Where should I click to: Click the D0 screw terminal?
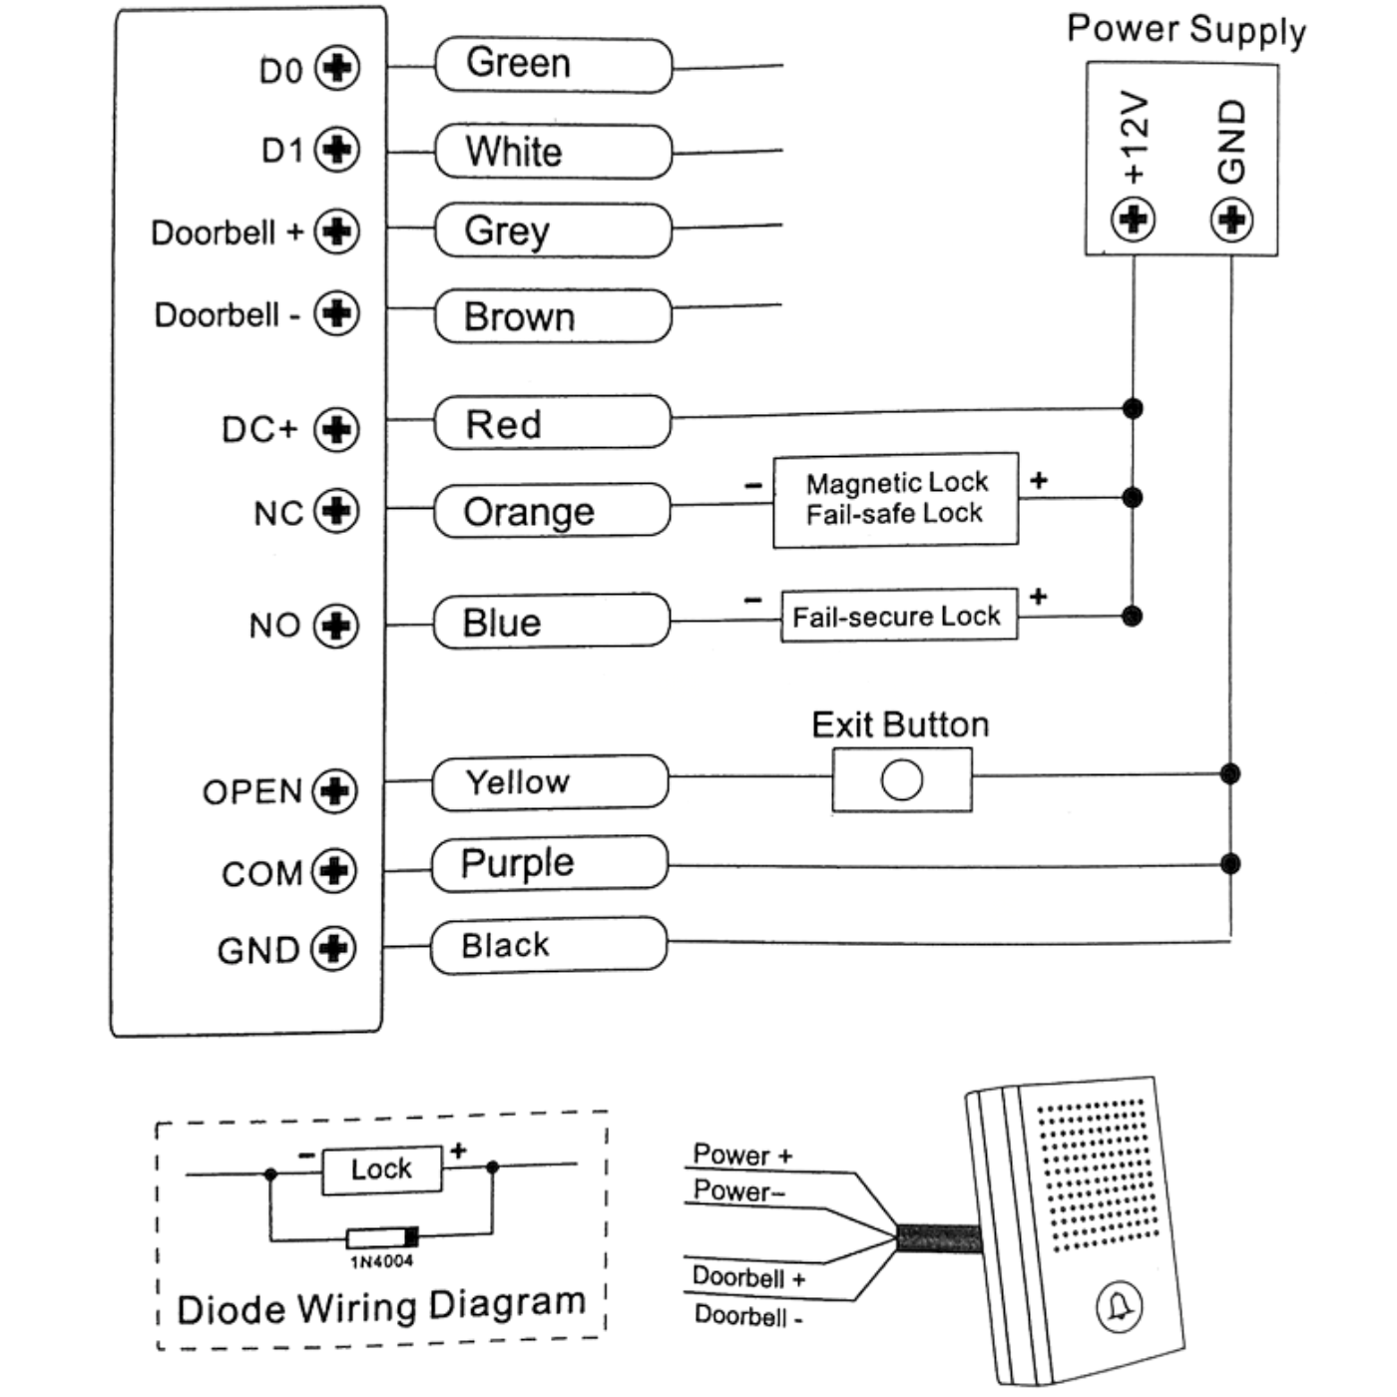click(337, 68)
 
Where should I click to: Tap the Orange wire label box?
click(552, 511)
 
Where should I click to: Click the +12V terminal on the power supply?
click(1134, 218)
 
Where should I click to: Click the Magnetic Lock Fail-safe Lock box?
click(895, 499)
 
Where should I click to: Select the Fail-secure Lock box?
click(898, 616)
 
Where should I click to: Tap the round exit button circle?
click(902, 780)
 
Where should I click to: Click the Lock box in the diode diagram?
click(381, 1168)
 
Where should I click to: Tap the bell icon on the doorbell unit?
click(1120, 1307)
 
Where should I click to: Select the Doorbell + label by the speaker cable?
click(748, 1277)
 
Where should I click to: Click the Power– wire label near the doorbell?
click(739, 1190)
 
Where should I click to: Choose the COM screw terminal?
click(334, 871)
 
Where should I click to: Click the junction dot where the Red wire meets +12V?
click(1133, 408)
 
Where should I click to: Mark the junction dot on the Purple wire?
click(1230, 863)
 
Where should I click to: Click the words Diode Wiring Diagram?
click(380, 1306)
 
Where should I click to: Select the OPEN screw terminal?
click(334, 790)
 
